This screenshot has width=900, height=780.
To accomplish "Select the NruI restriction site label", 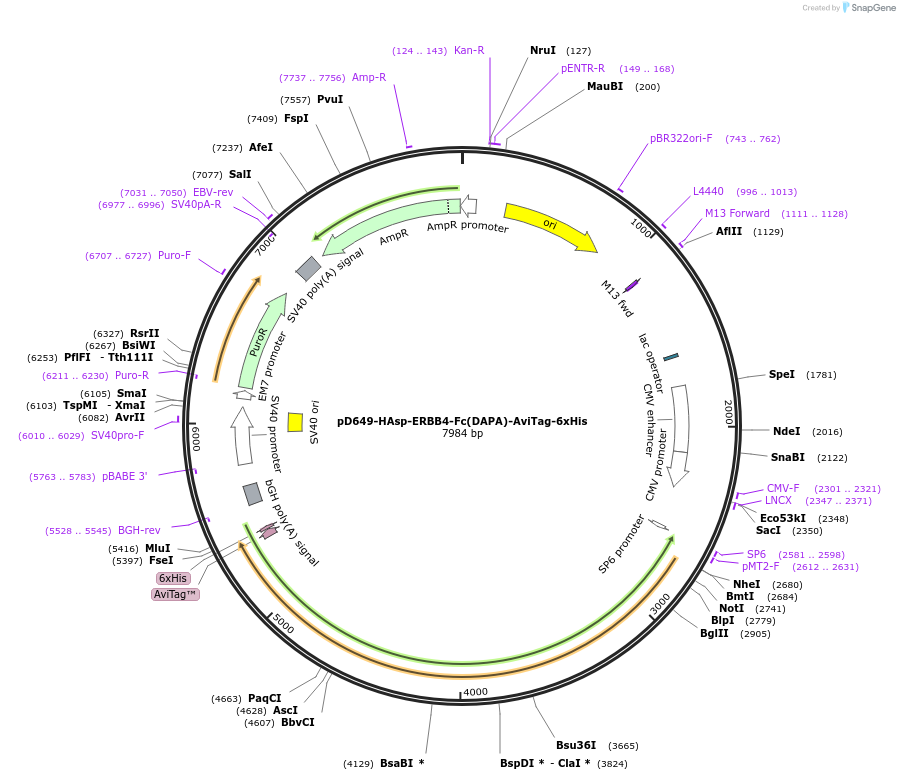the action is coord(543,50).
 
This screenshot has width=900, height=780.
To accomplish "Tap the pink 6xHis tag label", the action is coord(172,578).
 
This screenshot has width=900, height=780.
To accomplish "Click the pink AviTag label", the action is coord(175,594).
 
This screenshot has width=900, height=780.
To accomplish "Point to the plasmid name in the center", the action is coord(462,421).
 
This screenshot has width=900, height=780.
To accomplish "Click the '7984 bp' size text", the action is coord(462,434).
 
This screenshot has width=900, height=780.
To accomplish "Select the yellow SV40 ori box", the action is coord(295,422).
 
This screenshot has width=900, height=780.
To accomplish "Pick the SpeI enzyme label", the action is coord(781,375).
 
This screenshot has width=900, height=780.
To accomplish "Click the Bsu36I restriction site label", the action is coord(576,745).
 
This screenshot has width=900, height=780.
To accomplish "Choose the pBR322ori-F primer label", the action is coord(681,139).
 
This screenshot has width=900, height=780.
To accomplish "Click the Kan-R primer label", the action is coord(469,50).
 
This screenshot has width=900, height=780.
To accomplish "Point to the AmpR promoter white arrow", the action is coord(468,206).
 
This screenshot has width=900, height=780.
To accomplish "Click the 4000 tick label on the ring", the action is coord(475,692).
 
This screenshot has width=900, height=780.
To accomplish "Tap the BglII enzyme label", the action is coord(714,633).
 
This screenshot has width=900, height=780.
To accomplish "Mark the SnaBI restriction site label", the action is coord(788,457).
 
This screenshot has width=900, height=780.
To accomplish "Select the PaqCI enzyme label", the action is coord(265,698).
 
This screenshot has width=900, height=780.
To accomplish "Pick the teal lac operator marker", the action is coord(671,356).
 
